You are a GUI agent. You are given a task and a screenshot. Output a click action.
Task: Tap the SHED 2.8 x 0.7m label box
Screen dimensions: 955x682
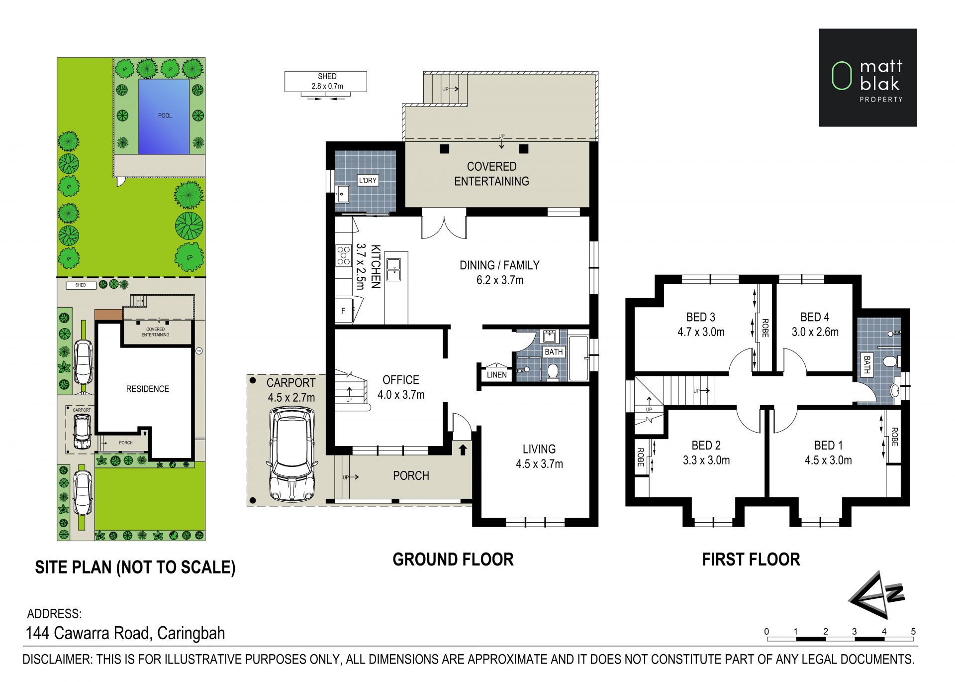(326, 81)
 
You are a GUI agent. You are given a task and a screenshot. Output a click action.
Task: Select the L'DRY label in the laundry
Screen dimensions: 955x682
(368, 180)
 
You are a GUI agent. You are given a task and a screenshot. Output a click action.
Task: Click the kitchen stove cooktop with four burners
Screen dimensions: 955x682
(343, 255)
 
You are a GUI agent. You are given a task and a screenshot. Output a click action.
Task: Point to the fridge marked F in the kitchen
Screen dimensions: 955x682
(344, 311)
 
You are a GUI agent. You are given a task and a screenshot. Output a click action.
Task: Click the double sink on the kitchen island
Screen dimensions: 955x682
(394, 270)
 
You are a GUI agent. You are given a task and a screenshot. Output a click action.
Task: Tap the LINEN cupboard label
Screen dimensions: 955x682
(497, 374)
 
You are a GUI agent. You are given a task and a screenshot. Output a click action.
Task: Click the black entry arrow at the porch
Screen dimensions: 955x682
(463, 450)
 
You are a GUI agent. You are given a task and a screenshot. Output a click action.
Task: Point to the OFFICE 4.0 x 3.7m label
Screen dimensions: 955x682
(401, 387)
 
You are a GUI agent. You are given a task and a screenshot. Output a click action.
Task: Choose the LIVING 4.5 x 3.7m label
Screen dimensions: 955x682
(539, 456)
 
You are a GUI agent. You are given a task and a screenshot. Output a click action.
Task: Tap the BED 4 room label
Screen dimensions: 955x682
(815, 317)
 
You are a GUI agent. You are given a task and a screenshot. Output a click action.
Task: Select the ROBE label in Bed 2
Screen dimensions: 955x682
(641, 457)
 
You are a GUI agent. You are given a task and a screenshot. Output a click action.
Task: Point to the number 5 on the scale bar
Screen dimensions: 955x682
(913, 632)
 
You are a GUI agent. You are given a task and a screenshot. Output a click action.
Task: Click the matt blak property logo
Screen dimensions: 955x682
(868, 78)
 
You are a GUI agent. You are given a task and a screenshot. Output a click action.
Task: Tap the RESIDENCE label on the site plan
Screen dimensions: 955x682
(147, 389)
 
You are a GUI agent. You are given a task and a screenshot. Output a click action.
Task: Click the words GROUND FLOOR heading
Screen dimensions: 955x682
(453, 560)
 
